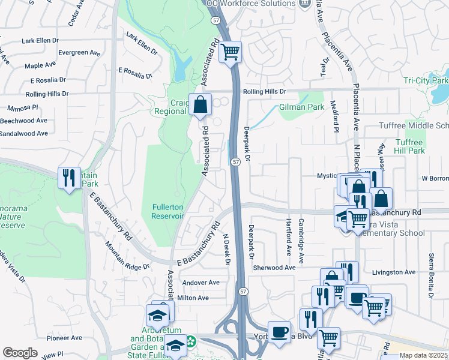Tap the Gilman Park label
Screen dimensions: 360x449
coord(297,107)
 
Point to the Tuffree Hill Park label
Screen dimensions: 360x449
coord(409,147)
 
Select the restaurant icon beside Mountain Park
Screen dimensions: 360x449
coord(69,178)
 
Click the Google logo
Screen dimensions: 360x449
coord(20,353)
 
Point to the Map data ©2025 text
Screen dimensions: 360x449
coord(423,355)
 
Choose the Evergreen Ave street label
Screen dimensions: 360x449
coord(79,53)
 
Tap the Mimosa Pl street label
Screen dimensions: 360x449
coord(23,109)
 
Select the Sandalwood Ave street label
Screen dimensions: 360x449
coord(24,133)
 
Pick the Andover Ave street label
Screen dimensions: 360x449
coord(202,283)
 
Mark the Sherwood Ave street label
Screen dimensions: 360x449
coord(274,268)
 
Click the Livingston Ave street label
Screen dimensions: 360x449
coord(394,272)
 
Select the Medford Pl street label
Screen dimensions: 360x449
coord(335,118)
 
